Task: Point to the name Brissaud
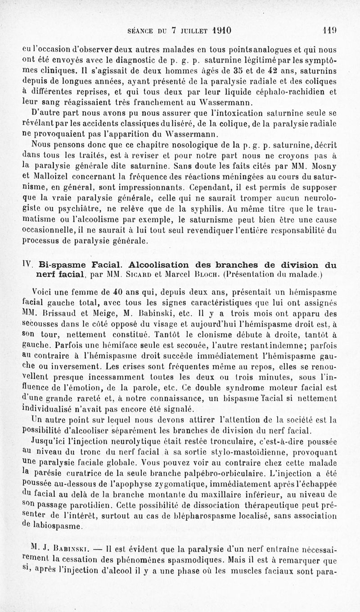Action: pos(58,313)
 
